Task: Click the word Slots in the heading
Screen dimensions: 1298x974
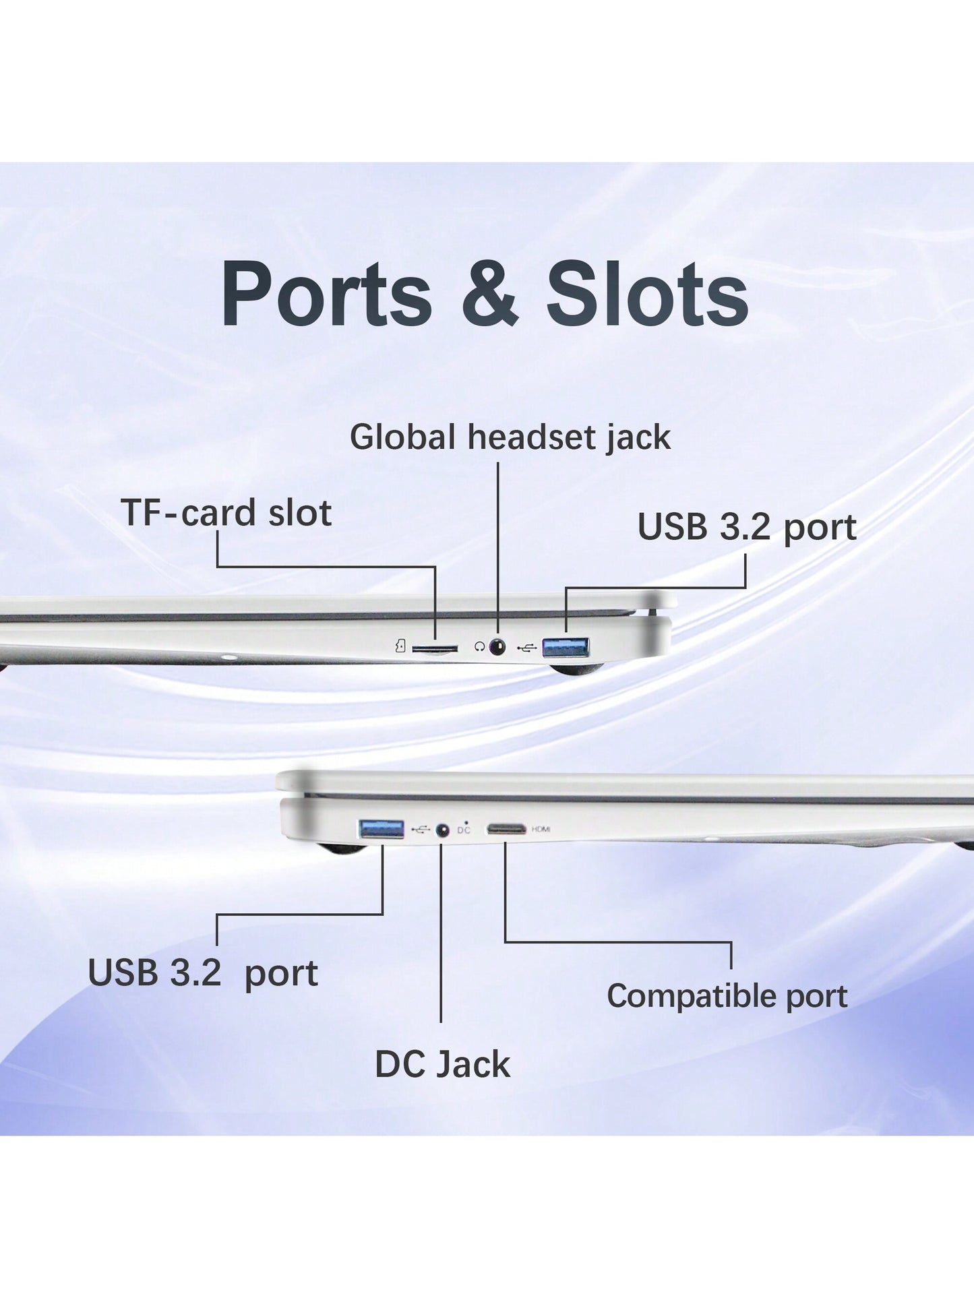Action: point(646,295)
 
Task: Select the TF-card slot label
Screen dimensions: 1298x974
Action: point(226,514)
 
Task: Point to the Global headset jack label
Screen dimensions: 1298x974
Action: point(510,437)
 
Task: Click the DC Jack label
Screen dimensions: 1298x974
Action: point(442,1065)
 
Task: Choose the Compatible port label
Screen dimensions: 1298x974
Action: point(727,996)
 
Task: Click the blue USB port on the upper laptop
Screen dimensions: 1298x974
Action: point(566,647)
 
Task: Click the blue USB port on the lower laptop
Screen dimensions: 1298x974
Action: point(382,829)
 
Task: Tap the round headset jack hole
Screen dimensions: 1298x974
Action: point(497,647)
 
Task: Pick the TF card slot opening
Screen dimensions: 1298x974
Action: point(435,649)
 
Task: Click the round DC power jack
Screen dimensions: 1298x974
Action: point(443,830)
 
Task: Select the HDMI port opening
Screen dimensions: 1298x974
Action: point(506,829)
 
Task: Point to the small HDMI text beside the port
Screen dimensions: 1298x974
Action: point(541,829)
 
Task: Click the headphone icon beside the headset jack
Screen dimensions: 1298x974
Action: point(479,647)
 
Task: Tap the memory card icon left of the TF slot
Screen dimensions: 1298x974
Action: point(400,647)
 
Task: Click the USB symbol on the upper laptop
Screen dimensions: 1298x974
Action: point(527,648)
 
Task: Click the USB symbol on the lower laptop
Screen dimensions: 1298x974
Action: point(420,830)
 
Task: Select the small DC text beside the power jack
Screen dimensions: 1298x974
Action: point(464,830)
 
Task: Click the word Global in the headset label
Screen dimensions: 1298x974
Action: point(402,437)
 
